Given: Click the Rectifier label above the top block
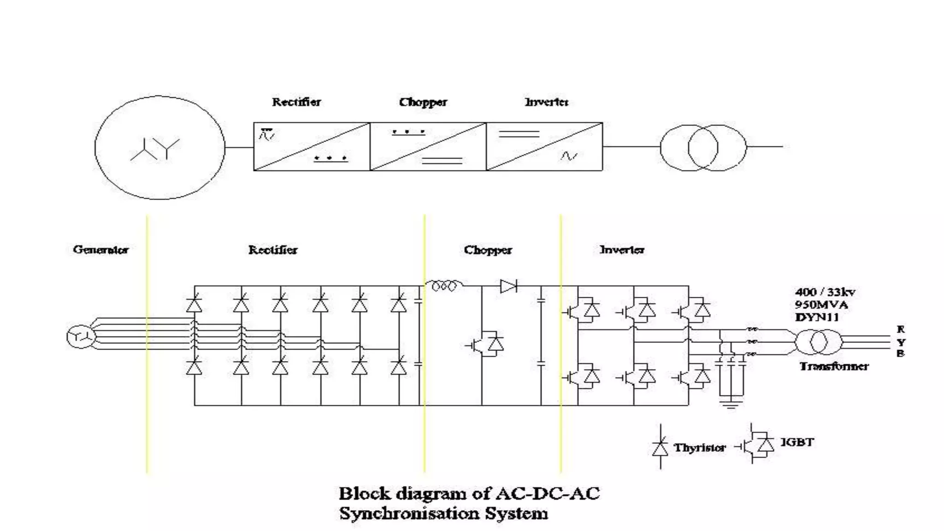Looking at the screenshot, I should pyautogui.click(x=296, y=102).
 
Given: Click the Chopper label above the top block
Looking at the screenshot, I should pyautogui.click(x=423, y=102).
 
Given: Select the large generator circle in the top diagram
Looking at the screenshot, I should pyautogui.click(x=159, y=147).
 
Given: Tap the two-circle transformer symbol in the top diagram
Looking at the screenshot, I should pyautogui.click(x=703, y=147).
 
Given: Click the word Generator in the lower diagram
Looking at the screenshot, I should pyautogui.click(x=100, y=249).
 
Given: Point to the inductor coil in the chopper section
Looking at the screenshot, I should pyautogui.click(x=443, y=286).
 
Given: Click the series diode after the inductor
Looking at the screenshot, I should pyautogui.click(x=508, y=286).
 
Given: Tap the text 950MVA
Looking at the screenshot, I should pyautogui.click(x=821, y=304).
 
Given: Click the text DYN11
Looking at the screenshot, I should pyautogui.click(x=816, y=317).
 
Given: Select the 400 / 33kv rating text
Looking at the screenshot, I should pyautogui.click(x=825, y=292).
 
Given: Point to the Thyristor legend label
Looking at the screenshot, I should pyautogui.click(x=699, y=448).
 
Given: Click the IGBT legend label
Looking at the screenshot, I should pyautogui.click(x=797, y=442).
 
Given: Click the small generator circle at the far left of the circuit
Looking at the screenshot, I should pyautogui.click(x=81, y=337).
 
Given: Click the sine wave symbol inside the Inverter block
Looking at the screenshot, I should pyautogui.click(x=569, y=156).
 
